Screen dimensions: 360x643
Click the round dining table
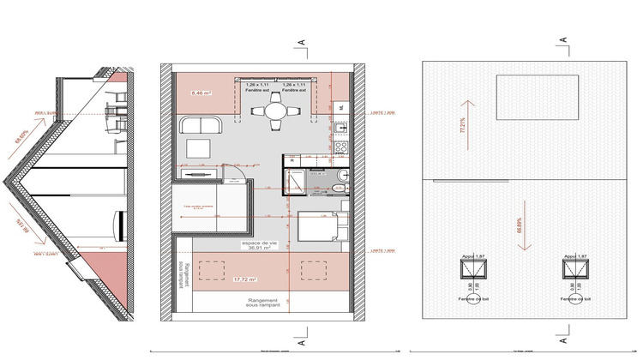[275, 111]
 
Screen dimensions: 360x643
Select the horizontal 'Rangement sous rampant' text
[251, 303]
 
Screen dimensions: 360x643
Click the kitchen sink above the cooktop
[340, 129]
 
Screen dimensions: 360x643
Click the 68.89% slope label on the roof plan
[520, 227]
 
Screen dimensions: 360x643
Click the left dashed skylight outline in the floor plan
[209, 270]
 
